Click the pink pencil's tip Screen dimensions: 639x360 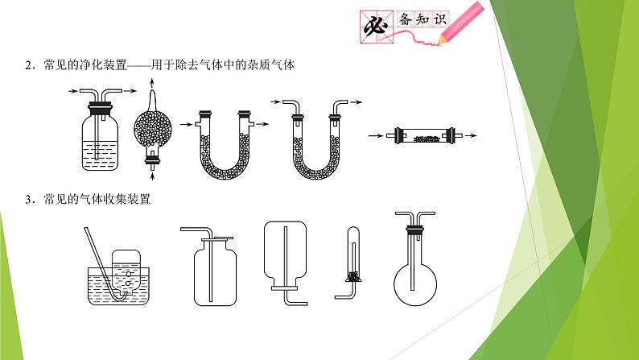point(439,43)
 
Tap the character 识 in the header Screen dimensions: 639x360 point(440,19)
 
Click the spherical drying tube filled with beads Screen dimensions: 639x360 point(152,130)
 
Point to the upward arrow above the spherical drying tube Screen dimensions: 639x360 point(152,84)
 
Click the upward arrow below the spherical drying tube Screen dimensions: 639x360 point(153,176)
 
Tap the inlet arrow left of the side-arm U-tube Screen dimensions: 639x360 point(186,124)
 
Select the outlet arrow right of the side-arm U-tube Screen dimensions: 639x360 point(263,124)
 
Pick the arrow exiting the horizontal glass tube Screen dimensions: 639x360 point(471,136)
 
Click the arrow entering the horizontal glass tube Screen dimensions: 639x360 point(376,136)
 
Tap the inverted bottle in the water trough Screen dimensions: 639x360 point(126,271)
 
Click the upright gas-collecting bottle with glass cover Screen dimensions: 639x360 point(215,271)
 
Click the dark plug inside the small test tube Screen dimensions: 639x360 point(353,277)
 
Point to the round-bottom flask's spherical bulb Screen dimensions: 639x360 point(415,284)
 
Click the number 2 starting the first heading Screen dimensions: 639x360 point(28,66)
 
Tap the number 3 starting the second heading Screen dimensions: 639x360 point(28,200)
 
